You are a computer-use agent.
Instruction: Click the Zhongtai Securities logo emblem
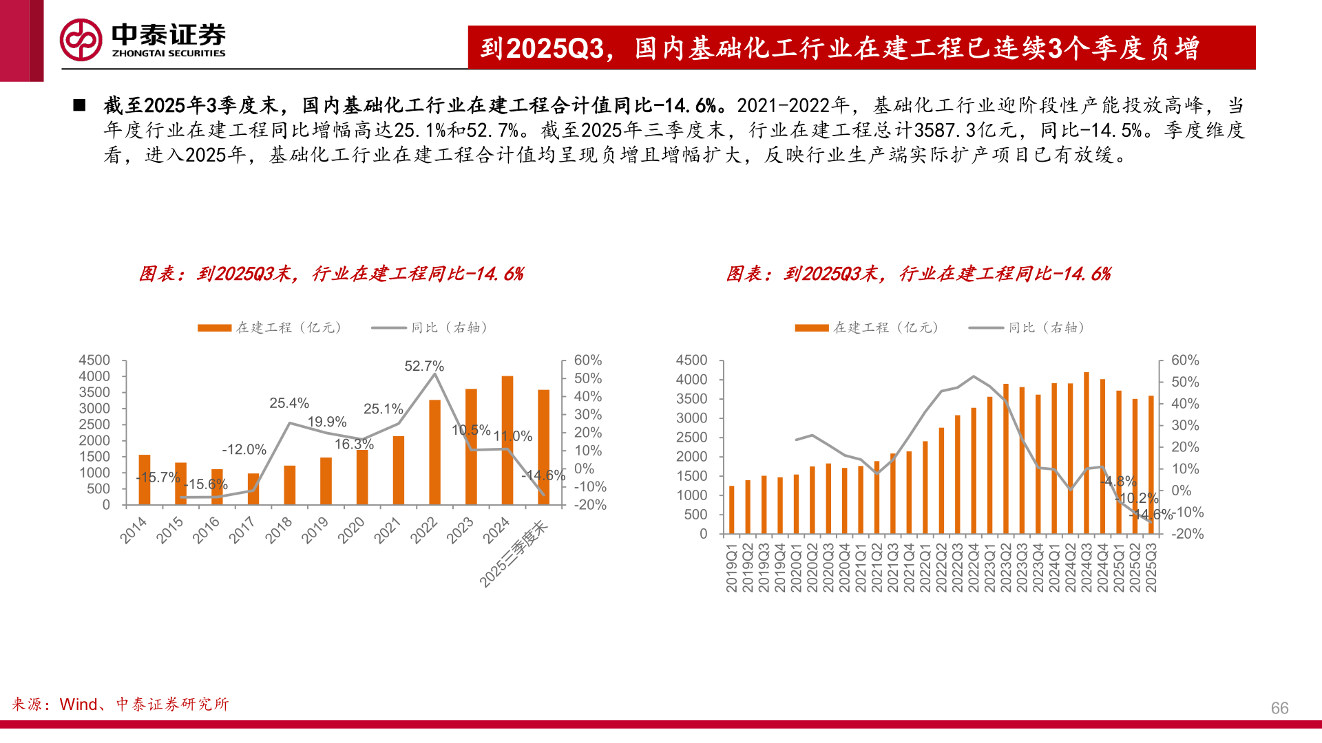pyautogui.click(x=81, y=40)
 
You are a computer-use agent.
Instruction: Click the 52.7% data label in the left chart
pyautogui.click(x=424, y=366)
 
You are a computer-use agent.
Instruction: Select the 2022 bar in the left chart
pyautogui.click(x=434, y=452)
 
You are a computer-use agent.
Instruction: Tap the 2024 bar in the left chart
pyautogui.click(x=507, y=440)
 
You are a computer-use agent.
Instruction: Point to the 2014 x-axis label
pyautogui.click(x=134, y=530)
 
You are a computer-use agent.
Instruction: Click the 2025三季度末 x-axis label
pyautogui.click(x=514, y=554)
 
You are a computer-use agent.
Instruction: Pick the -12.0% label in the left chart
pyautogui.click(x=244, y=449)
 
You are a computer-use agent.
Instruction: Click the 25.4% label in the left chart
pyautogui.click(x=289, y=403)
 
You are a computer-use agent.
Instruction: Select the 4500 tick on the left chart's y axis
pyautogui.click(x=94, y=360)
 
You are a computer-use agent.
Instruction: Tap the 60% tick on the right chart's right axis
pyautogui.click(x=1185, y=360)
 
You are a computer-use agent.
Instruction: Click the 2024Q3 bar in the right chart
pyautogui.click(x=1087, y=453)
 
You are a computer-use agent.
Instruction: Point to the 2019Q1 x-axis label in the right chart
pyautogui.click(x=731, y=568)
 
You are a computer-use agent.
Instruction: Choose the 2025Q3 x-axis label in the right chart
pyautogui.click(x=1151, y=568)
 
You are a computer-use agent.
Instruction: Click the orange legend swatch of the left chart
pyautogui.click(x=214, y=328)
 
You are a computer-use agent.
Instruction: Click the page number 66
pyautogui.click(x=1279, y=708)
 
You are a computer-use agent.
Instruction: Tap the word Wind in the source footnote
pyautogui.click(x=78, y=704)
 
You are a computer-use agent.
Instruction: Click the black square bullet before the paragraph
pyautogui.click(x=79, y=105)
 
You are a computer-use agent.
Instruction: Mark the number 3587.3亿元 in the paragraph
pyautogui.click(x=965, y=130)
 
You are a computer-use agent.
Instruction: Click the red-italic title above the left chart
pyautogui.click(x=331, y=274)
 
